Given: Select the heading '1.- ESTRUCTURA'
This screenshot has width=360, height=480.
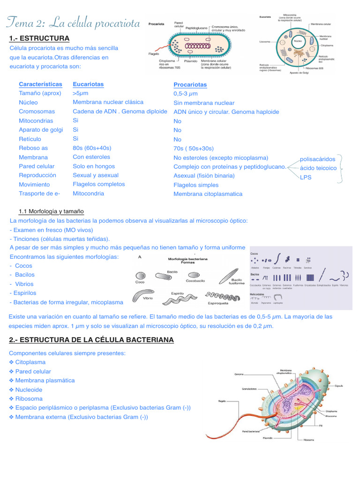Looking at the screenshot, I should (x=39, y=38).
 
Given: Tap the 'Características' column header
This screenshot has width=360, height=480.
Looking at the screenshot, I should (x=40, y=84).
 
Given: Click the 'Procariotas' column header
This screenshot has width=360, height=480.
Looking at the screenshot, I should (x=190, y=85).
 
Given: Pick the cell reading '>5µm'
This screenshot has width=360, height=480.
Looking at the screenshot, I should (x=81, y=93).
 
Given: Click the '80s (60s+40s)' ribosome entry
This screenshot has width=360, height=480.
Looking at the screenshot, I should (x=92, y=148).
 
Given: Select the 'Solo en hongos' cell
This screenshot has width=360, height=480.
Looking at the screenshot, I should (x=94, y=166).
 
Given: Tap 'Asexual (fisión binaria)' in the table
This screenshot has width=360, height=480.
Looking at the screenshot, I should (x=204, y=176).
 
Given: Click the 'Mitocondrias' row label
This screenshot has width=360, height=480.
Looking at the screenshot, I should (x=37, y=121).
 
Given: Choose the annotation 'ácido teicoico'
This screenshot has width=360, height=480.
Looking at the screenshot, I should (x=318, y=168).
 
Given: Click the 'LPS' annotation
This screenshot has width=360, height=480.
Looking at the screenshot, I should (x=306, y=178).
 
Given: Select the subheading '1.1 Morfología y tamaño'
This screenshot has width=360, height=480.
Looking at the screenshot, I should (x=51, y=211).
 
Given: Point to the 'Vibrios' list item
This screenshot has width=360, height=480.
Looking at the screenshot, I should (x=24, y=284).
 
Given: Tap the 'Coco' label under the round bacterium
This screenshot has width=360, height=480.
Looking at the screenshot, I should (x=140, y=282).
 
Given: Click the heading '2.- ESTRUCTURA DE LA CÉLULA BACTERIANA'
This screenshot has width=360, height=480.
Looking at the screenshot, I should (x=91, y=339).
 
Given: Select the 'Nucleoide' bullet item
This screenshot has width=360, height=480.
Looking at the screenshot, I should (x=29, y=390).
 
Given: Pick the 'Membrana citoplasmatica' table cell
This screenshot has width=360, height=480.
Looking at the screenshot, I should (x=208, y=194).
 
